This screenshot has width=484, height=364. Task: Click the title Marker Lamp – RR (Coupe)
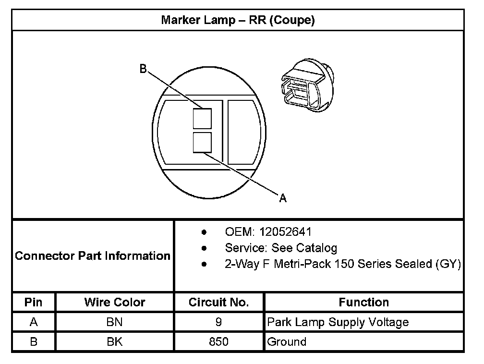click(x=238, y=20)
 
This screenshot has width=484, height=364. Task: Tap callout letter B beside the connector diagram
click(x=143, y=69)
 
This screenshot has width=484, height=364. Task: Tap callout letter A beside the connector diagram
click(x=283, y=198)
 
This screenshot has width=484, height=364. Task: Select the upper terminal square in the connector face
click(x=202, y=118)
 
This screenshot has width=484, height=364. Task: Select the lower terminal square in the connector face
click(x=202, y=143)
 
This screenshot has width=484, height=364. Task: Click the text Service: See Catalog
click(x=281, y=248)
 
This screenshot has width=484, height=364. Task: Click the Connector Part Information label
click(x=93, y=255)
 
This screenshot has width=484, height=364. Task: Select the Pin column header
click(x=33, y=302)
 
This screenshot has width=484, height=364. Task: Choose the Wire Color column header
click(x=114, y=302)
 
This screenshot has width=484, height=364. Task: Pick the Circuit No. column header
click(x=218, y=302)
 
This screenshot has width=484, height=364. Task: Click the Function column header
click(x=363, y=302)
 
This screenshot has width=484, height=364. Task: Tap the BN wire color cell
click(x=114, y=322)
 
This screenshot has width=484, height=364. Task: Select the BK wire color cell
click(x=114, y=342)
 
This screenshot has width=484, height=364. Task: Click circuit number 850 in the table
click(x=218, y=342)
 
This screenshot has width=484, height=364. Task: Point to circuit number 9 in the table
click(x=218, y=322)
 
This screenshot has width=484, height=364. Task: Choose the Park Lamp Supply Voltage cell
click(x=338, y=322)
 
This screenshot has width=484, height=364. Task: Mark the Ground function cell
click(x=287, y=342)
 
